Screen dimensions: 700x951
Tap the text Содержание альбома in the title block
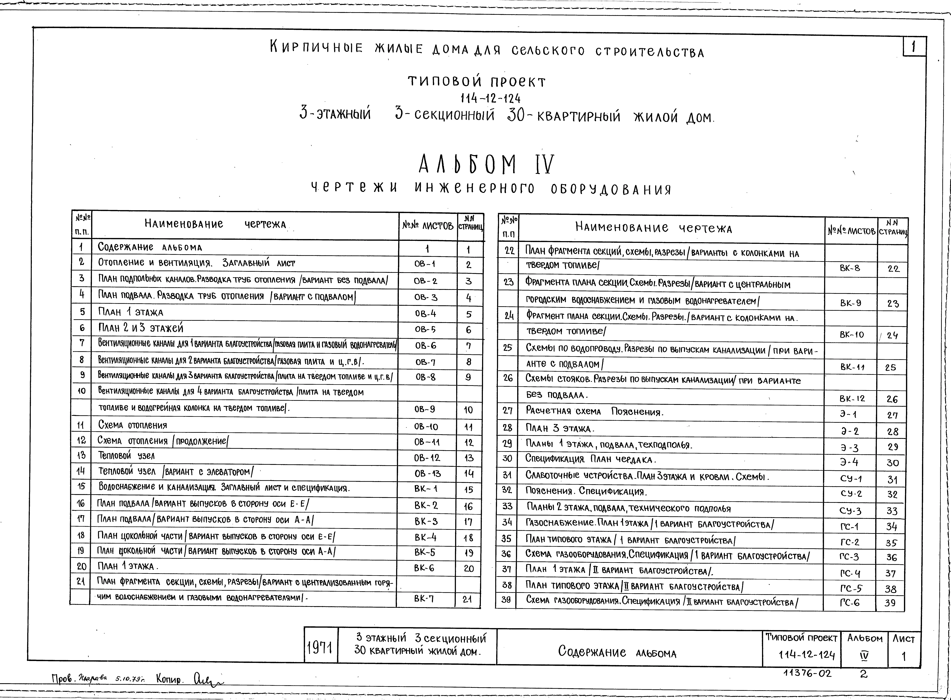click(x=617, y=652)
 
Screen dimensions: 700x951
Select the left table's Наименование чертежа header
click(x=215, y=224)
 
